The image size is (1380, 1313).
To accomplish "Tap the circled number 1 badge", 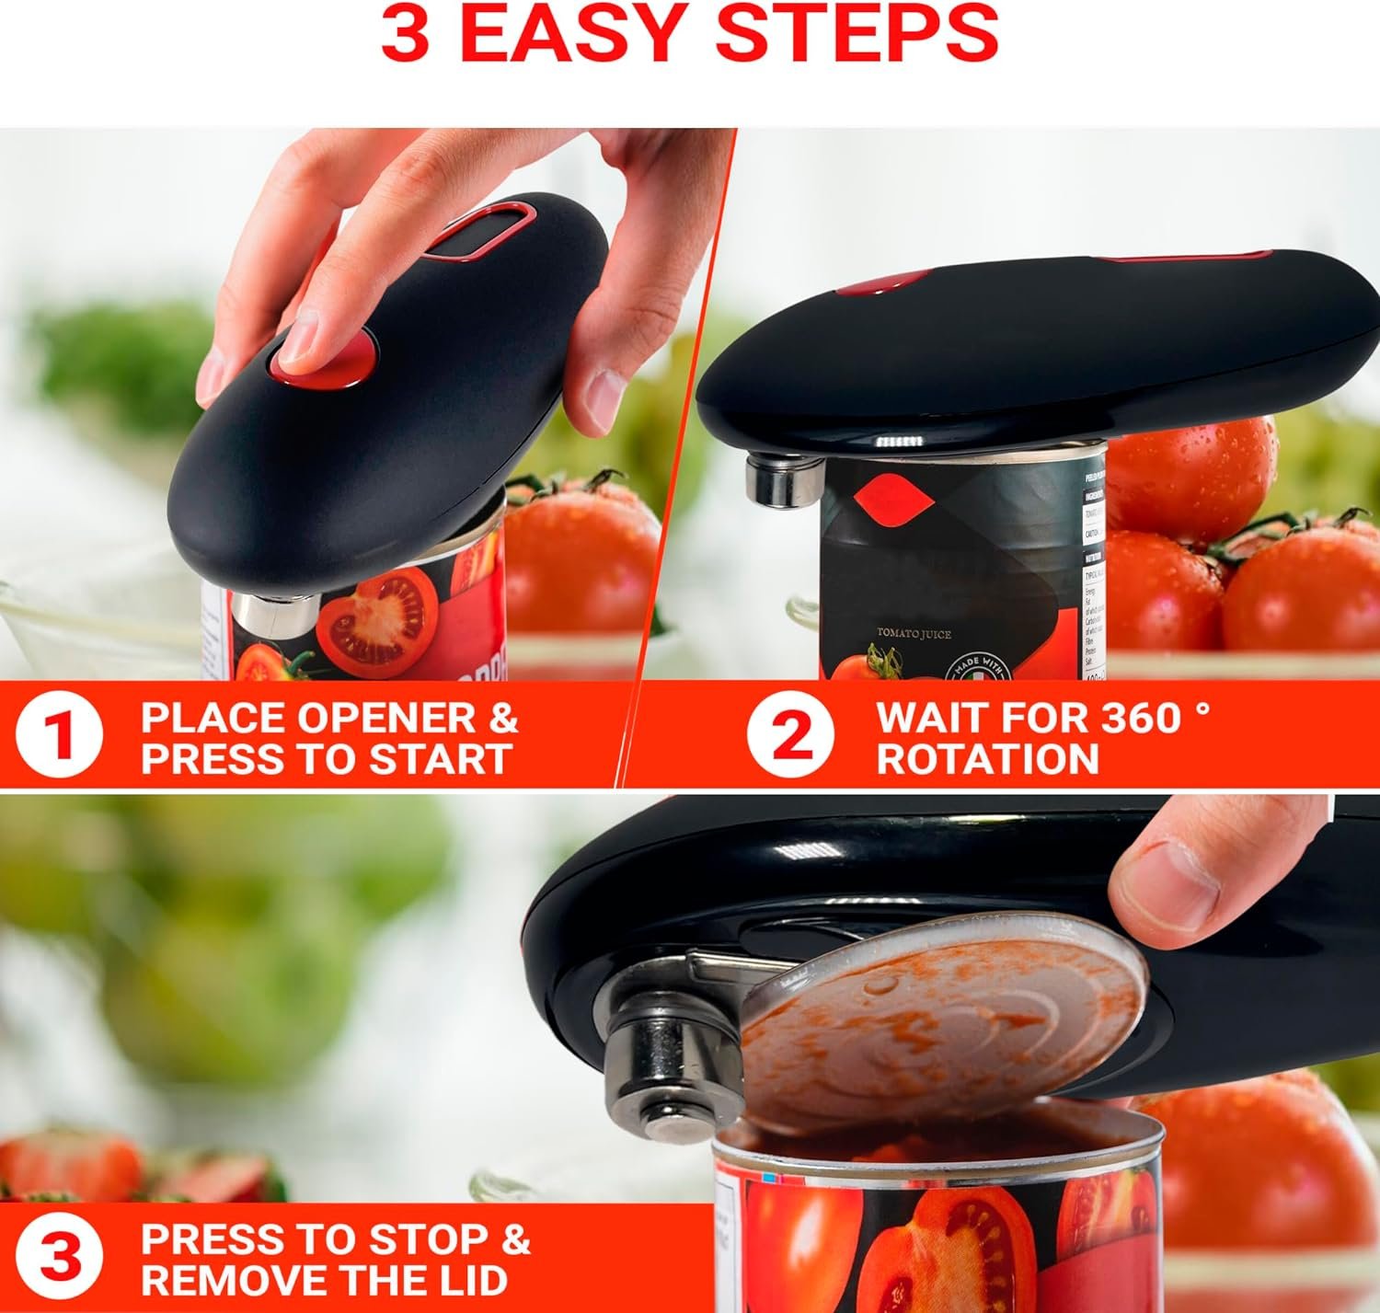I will click(x=60, y=738).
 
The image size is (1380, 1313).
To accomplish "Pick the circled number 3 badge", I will click(x=60, y=1259).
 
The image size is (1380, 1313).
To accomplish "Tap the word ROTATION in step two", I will click(x=987, y=760).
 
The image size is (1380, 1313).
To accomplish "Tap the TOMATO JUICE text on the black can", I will click(x=914, y=634).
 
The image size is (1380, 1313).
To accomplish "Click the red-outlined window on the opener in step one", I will click(x=480, y=230).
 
